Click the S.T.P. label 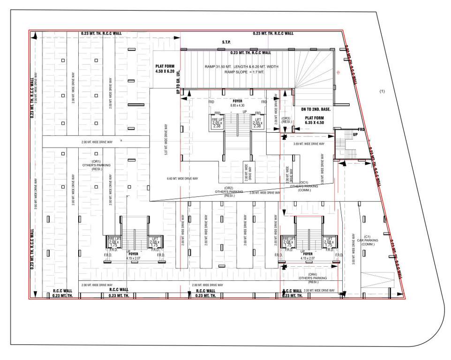(x=226, y=42)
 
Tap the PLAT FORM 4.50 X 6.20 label (x=165, y=69)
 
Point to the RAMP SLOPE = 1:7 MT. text (x=241, y=73)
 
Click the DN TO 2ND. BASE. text (x=316, y=109)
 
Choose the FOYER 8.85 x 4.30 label (x=237, y=104)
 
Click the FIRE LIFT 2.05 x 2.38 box (x=217, y=123)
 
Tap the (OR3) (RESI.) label (x=286, y=120)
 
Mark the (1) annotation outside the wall (x=382, y=91)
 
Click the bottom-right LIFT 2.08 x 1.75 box (x=328, y=242)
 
